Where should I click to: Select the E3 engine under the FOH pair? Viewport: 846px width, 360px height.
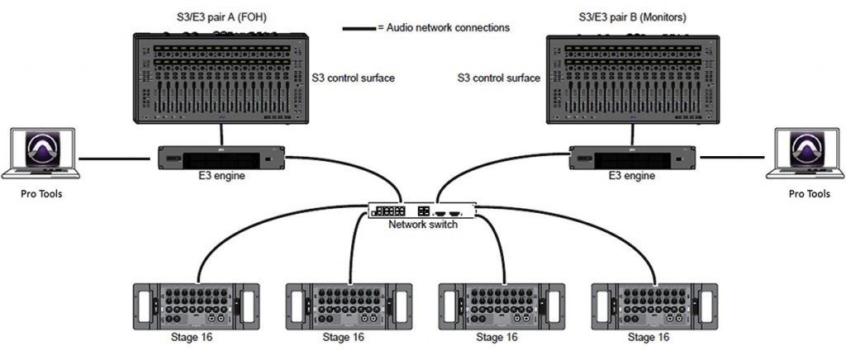[216, 157]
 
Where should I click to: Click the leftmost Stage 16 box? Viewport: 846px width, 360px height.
[191, 306]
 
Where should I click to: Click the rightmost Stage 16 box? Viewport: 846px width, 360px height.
[649, 306]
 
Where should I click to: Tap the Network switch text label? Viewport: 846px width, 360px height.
[423, 225]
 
